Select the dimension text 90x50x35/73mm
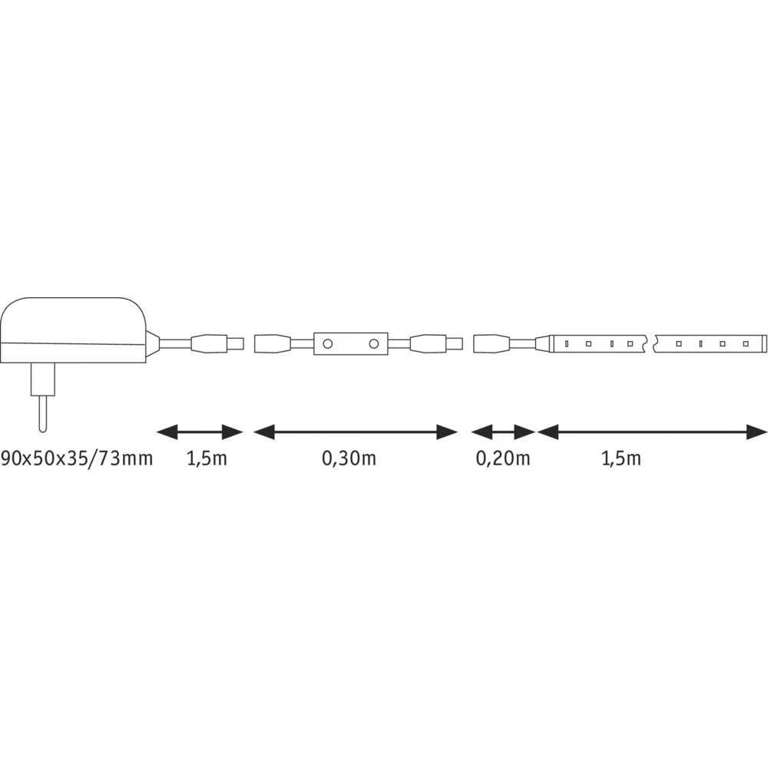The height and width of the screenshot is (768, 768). (77, 459)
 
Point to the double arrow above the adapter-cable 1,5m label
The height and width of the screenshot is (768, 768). (200, 432)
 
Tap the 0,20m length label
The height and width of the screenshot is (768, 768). (504, 459)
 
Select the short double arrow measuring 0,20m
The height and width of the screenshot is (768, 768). (503, 432)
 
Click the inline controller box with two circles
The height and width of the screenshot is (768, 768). (350, 344)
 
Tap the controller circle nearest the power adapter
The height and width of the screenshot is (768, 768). (328, 344)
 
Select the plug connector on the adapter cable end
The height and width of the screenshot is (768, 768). (219, 343)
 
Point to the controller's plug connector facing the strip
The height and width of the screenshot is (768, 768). (435, 343)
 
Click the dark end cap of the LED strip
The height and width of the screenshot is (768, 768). (761, 343)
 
